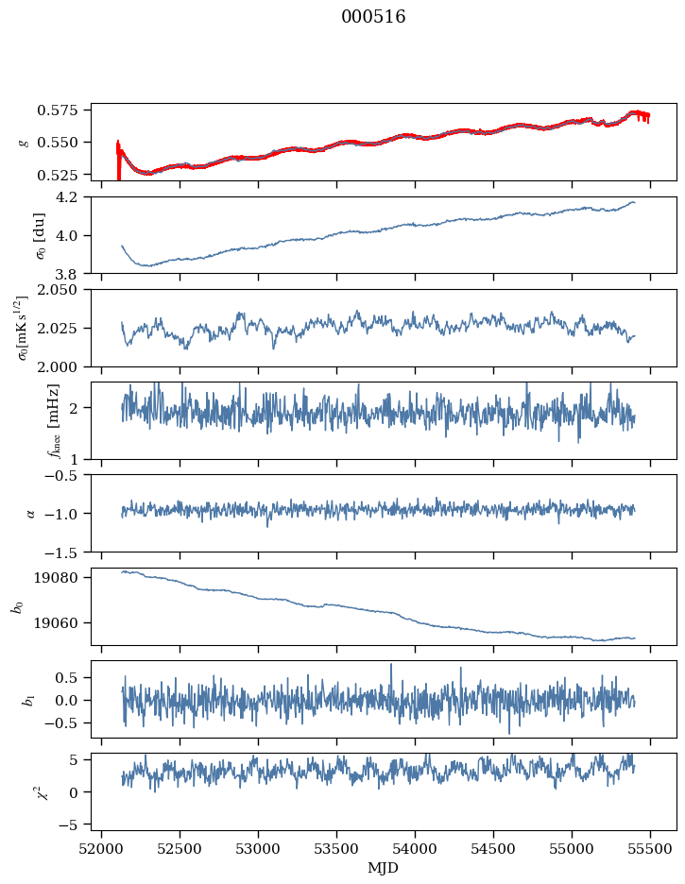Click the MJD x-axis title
[x=384, y=868]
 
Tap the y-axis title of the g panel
[x=24, y=142]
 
